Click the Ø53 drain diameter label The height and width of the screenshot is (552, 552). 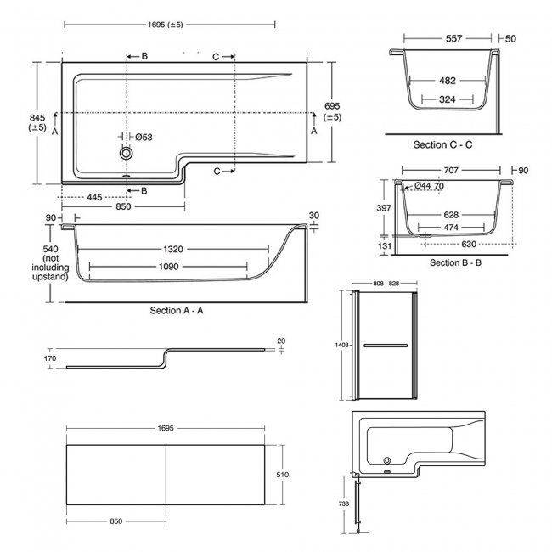(143, 138)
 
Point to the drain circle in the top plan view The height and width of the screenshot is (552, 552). (127, 154)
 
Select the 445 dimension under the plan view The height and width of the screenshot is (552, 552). (94, 197)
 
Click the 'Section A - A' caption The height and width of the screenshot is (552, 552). (177, 311)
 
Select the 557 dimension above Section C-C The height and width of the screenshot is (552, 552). (448, 38)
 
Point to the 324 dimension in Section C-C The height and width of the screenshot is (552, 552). (448, 99)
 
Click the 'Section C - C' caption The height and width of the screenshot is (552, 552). (442, 145)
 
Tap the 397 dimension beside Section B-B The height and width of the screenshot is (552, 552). (384, 208)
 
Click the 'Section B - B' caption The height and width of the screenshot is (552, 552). (455, 263)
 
